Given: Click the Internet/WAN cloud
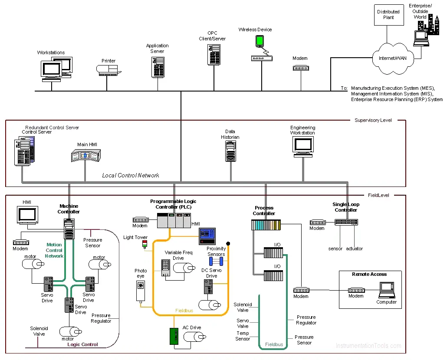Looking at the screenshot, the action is click(393, 59).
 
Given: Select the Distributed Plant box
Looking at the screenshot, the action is click(389, 15).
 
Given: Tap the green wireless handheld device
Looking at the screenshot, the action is click(260, 41).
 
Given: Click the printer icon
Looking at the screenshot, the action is click(108, 70).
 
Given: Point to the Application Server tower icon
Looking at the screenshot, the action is click(158, 67).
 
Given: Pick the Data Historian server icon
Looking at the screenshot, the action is click(230, 151).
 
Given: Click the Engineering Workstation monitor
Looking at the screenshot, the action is click(303, 147).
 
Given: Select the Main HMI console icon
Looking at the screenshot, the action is click(86, 156).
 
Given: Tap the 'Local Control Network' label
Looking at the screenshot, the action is click(131, 175).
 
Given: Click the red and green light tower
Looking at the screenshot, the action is click(145, 244).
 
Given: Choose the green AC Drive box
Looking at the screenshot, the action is click(174, 336).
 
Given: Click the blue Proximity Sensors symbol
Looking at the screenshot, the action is click(216, 261).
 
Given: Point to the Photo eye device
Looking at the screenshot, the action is click(141, 291).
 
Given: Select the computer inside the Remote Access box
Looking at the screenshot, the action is click(387, 290).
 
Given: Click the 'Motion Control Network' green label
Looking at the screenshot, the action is click(54, 250).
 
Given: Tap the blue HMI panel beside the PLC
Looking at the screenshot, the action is click(207, 236).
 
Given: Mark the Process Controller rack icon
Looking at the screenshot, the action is click(266, 225).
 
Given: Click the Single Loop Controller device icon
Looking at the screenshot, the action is click(346, 222).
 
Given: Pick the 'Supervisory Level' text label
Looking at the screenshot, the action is click(373, 120).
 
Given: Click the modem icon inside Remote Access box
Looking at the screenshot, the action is click(356, 290).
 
